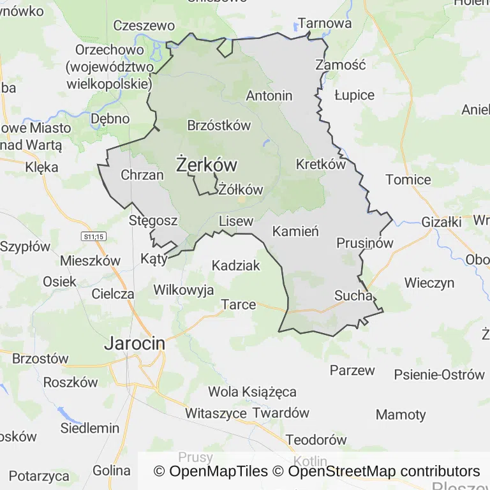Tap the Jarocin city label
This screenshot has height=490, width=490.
tap(134, 343)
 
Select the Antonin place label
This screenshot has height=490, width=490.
tap(269, 96)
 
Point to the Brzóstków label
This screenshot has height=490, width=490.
tap(219, 125)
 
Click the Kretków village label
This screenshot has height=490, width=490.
tap(320, 164)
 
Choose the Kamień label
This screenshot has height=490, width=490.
tap(295, 232)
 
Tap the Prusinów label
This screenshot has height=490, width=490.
tap(365, 243)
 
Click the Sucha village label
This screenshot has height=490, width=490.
tap(353, 295)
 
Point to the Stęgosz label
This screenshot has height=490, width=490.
tap(153, 221)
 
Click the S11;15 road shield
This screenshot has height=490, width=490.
tap(93, 236)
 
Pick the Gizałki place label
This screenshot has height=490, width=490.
tap(442, 223)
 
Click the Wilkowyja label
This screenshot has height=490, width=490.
tap(184, 290)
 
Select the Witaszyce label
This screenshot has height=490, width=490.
tap(216, 413)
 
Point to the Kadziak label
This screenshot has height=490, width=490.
tap(236, 265)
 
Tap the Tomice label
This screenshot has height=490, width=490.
tap(408, 180)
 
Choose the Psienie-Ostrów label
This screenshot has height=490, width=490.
tap(440, 375)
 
